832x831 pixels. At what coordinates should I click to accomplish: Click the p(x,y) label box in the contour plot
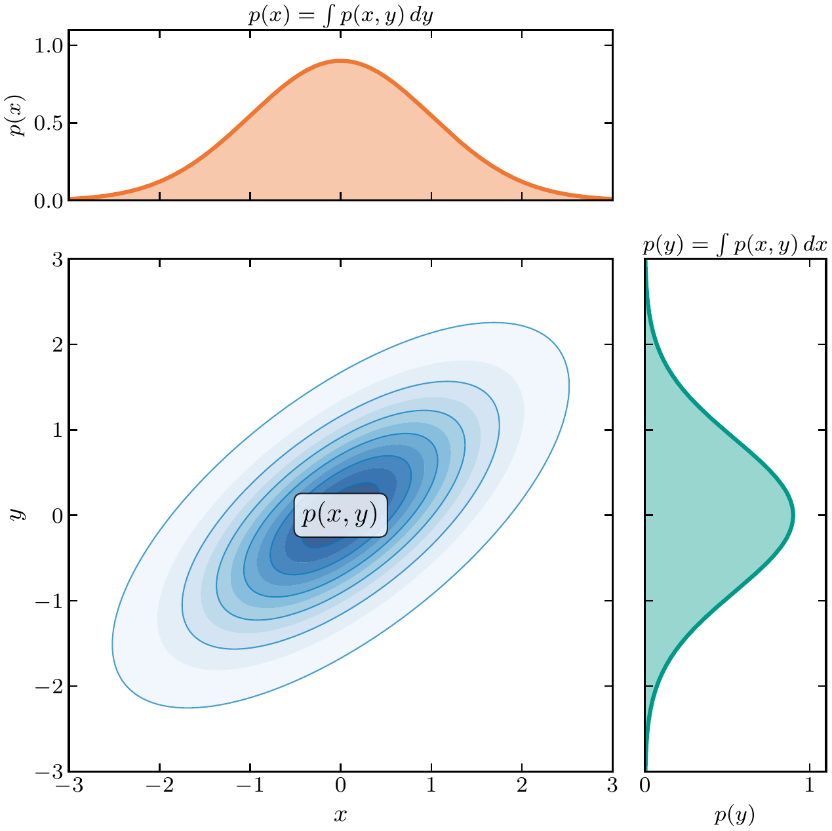340,516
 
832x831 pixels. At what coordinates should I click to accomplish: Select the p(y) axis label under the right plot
734,815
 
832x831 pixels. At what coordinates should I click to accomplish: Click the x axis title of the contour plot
340,815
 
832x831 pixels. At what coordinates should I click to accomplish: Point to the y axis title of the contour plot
18,515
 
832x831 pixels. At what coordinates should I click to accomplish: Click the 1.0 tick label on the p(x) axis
48,45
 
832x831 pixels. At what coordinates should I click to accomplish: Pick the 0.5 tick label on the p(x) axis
48,123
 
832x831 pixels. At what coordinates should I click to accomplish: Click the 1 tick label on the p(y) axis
809,785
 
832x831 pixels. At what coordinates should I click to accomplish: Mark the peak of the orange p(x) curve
341,61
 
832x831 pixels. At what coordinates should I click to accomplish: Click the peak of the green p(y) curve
793,516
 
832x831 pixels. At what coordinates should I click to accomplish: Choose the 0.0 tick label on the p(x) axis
48,201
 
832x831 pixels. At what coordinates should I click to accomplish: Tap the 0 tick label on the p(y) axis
645,785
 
